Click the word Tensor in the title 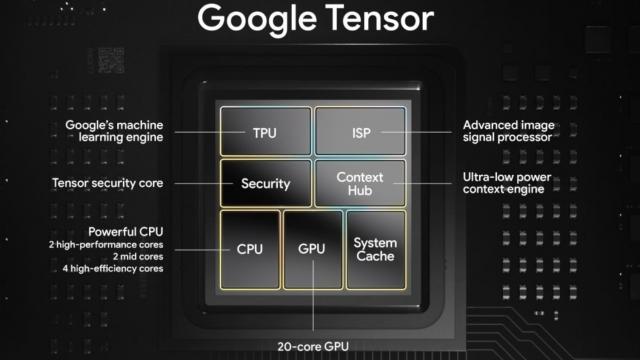(x=380, y=18)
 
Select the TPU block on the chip (x=265, y=131)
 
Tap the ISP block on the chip (x=361, y=131)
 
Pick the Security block (x=265, y=184)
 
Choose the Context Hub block (x=361, y=184)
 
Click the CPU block (x=249, y=249)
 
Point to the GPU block (x=313, y=250)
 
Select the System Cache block (x=375, y=249)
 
